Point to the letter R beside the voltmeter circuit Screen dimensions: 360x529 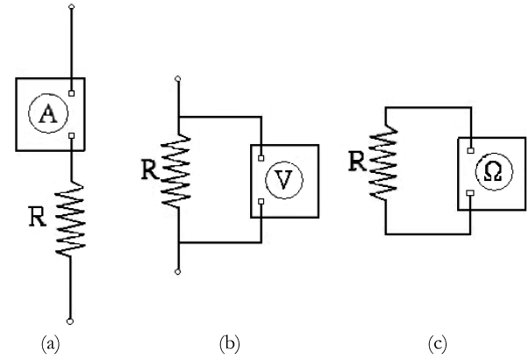tap(150, 168)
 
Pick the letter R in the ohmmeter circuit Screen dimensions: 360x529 tap(356, 161)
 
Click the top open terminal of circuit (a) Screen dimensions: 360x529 tap(72, 7)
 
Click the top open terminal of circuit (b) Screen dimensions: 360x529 tap(180, 80)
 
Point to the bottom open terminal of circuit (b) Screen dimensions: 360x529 tap(180, 272)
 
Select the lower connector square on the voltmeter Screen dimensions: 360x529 tap(261, 202)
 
